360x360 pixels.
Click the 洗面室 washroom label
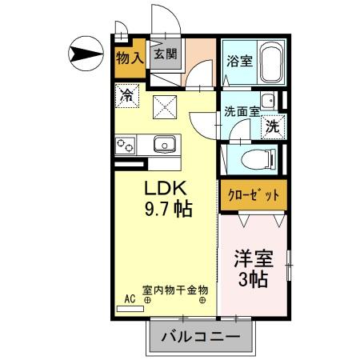[x=242, y=112]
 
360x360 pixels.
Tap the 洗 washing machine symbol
[x=273, y=126]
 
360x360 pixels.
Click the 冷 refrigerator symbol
[x=126, y=94]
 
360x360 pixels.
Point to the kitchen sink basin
[x=164, y=145]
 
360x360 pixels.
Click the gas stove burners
[x=126, y=146]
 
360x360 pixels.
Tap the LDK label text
[x=166, y=189]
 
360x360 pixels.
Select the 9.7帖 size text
[x=168, y=210]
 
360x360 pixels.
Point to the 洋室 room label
[x=254, y=259]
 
